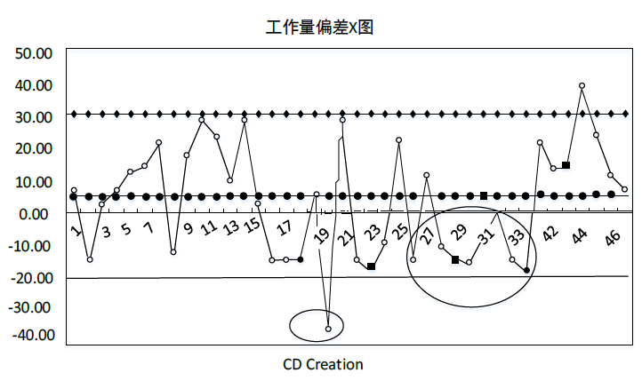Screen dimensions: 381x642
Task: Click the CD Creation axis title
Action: [x=323, y=364]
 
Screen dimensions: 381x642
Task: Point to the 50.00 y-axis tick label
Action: [x=35, y=53]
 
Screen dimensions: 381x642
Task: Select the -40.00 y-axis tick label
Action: [x=33, y=336]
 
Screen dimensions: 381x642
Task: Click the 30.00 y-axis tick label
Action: [x=35, y=117]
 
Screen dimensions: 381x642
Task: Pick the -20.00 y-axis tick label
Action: [x=33, y=278]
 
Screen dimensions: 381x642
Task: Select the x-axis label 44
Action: [x=580, y=235]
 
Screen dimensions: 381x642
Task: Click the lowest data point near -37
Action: [x=328, y=329]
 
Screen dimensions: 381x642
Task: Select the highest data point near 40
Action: [x=582, y=86]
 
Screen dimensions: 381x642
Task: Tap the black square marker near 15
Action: [x=566, y=165]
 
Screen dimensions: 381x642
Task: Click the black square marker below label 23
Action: [x=371, y=266]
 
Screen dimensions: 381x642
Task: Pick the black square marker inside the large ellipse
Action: [x=455, y=260]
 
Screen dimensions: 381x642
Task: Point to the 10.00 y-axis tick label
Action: [x=35, y=182]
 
